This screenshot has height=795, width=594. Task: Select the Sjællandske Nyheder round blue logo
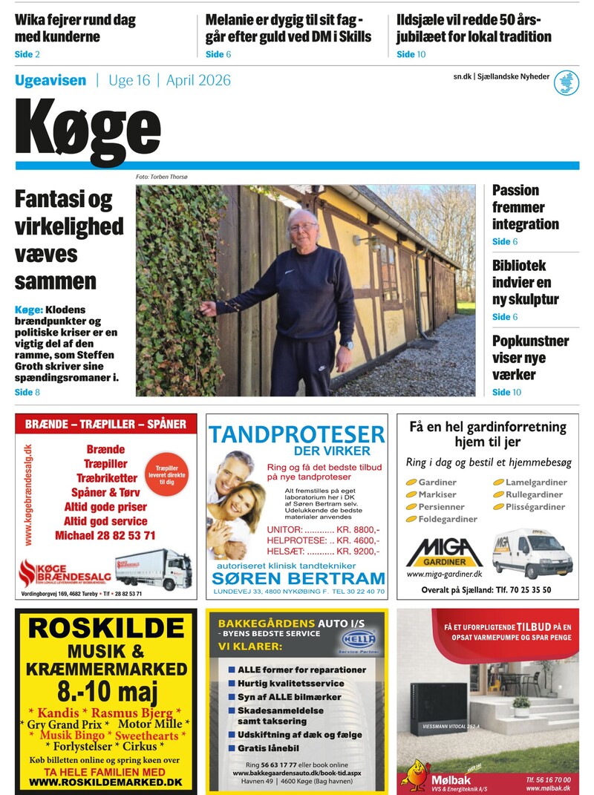click(x=567, y=82)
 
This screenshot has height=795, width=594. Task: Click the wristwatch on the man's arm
click(x=347, y=344)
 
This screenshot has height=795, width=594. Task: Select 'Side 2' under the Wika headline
click(x=27, y=54)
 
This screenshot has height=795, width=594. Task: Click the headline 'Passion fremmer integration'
click(x=525, y=207)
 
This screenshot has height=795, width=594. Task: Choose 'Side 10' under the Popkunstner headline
click(x=506, y=392)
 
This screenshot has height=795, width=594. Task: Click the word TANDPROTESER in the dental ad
click(x=296, y=434)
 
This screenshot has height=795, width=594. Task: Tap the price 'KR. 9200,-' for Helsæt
click(x=358, y=552)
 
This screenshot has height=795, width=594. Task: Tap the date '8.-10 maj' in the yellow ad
click(x=106, y=695)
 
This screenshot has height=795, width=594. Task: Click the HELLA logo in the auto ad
click(x=359, y=639)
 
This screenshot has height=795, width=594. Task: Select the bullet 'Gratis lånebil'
click(x=268, y=748)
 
